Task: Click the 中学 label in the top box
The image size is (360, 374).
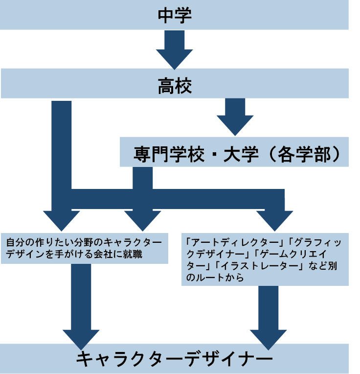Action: pyautogui.click(x=175, y=15)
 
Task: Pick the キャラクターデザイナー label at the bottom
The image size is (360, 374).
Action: pyautogui.click(x=175, y=359)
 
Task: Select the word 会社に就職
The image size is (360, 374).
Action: pyautogui.click(x=125, y=254)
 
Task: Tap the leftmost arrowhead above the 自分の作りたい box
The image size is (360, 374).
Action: pyautogui.click(x=61, y=219)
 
